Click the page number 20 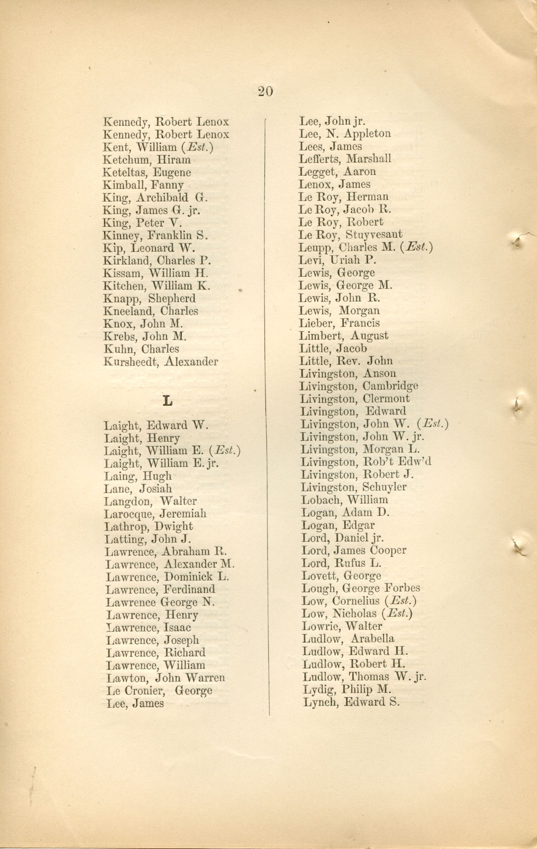tap(265, 91)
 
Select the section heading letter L tap(167, 401)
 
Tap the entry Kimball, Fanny tap(143, 185)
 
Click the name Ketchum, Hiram tap(147, 160)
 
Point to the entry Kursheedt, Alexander tap(161, 362)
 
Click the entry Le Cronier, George tap(159, 690)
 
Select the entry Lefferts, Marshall tap(345, 159)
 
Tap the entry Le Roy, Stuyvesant tap(350, 234)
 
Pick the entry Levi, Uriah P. tap(337, 260)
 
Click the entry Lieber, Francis tap(339, 323)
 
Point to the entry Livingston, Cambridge tap(359, 386)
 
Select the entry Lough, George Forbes tap(361, 588)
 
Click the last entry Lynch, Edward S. tap(351, 702)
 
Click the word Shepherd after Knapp tap(172, 299)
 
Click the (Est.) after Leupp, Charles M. tap(416, 247)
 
